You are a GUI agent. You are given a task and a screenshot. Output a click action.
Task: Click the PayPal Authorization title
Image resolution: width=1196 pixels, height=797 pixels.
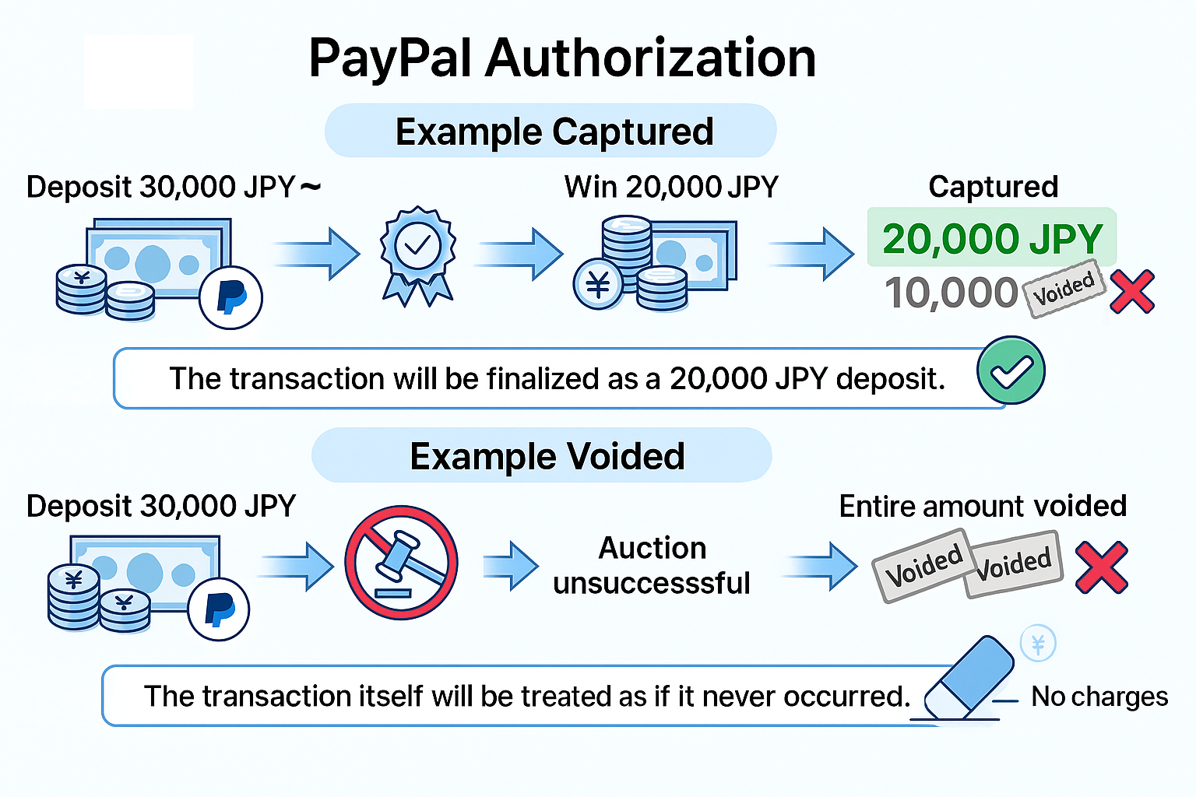click(561, 59)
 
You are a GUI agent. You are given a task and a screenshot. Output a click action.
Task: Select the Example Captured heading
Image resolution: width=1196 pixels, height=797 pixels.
click(554, 132)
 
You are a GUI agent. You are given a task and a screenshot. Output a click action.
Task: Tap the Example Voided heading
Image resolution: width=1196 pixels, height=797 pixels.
click(547, 456)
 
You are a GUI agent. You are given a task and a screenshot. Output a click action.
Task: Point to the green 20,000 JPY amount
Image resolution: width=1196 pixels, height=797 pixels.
click(993, 238)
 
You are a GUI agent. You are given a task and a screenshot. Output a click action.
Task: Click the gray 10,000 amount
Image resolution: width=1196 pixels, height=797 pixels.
click(952, 293)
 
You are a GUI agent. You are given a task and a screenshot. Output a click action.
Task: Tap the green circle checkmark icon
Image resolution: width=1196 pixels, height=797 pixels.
click(1011, 370)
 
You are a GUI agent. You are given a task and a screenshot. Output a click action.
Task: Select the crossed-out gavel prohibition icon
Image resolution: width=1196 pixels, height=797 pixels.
click(401, 562)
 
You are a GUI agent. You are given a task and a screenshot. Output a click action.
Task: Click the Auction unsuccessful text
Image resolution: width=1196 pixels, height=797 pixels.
click(652, 565)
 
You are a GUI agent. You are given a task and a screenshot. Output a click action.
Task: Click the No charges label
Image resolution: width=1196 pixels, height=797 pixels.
click(1099, 697)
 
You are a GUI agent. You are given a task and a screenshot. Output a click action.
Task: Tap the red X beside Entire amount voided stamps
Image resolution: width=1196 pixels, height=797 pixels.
click(1101, 567)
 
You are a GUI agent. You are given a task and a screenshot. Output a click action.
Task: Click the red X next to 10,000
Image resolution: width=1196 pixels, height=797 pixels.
click(1131, 292)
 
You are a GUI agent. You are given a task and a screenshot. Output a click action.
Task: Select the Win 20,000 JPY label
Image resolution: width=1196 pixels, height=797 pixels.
click(671, 187)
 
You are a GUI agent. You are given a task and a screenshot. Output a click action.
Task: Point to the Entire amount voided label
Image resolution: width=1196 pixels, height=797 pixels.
click(983, 506)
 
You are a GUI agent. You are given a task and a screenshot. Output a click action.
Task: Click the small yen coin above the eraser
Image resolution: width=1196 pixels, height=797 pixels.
click(1038, 644)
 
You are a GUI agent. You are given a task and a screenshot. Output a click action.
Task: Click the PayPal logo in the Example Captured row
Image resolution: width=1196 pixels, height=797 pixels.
click(230, 297)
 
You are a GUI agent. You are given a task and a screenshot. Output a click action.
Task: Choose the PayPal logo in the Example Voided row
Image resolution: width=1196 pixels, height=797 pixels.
click(219, 609)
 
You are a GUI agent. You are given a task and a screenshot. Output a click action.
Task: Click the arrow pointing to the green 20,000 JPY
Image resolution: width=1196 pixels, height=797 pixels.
click(813, 254)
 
